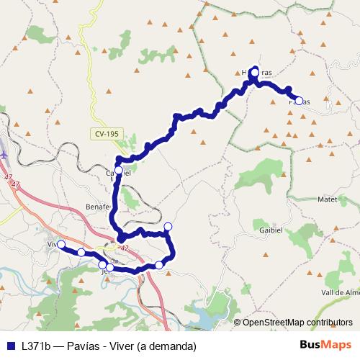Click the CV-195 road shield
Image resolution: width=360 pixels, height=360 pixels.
coord(106,135)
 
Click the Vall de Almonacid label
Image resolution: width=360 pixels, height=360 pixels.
coord(340,293)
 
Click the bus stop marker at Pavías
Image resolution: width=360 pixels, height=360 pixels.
coord(299,100)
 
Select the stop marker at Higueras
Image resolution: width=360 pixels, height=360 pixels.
coord(254,73)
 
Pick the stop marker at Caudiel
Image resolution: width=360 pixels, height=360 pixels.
coord(119,171)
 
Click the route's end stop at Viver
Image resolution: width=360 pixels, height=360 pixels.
coord(61,245)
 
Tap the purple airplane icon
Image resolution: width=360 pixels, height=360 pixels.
coord(4,153)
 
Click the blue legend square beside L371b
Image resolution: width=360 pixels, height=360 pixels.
coord(11,346)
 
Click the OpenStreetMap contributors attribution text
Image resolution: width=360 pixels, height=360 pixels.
coord(298,323)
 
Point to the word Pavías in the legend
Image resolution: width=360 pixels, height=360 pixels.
coord(91,346)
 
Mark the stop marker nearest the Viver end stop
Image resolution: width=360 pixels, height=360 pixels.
coord(81,253)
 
